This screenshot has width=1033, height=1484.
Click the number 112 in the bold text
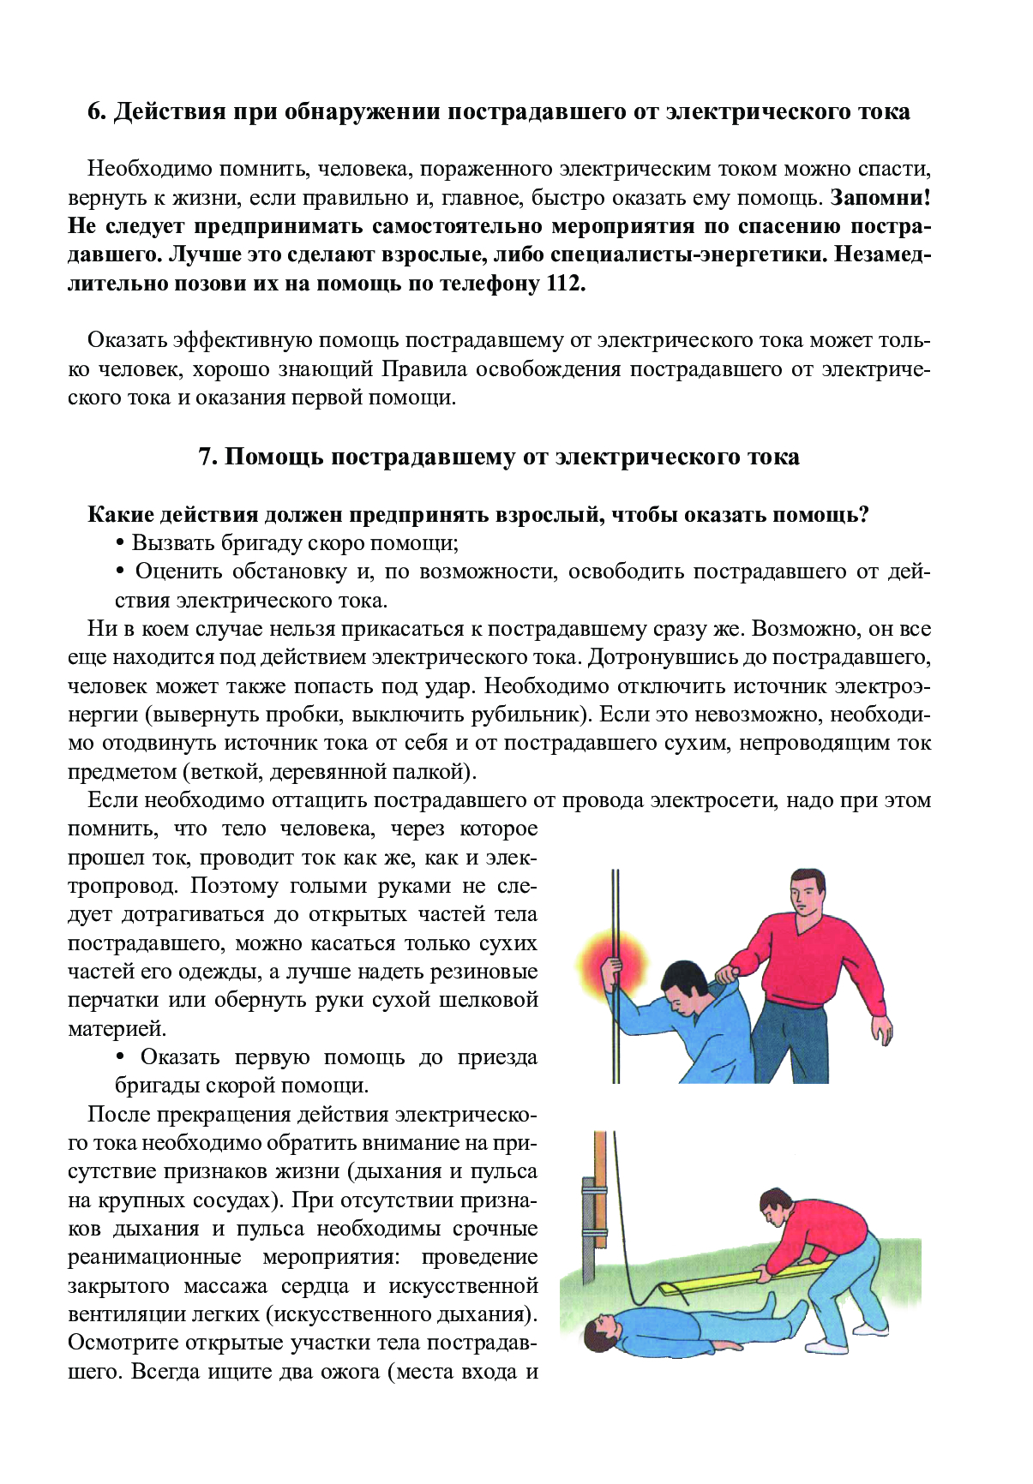(563, 284)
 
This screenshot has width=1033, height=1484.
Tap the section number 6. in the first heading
(97, 111)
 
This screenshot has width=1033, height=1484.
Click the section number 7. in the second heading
(208, 457)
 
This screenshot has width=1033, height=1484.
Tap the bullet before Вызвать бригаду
(120, 544)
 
